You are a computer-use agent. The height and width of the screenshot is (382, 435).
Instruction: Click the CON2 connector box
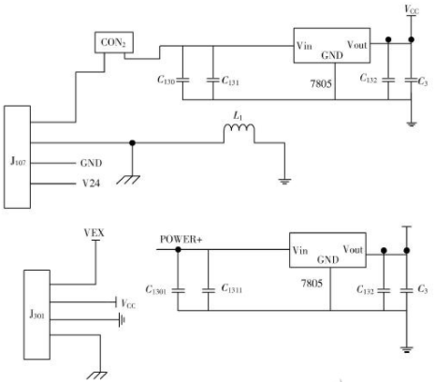click(x=114, y=42)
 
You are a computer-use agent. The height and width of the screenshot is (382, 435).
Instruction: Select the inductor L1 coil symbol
click(x=239, y=128)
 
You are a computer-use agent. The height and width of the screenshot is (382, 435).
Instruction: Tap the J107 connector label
click(x=18, y=161)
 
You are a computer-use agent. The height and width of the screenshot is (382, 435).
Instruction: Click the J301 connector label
click(x=36, y=314)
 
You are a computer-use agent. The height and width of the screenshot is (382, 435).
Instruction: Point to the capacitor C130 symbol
click(x=182, y=81)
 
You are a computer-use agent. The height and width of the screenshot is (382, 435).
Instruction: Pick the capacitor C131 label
click(x=230, y=81)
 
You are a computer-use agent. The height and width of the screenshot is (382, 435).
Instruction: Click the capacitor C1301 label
click(x=156, y=290)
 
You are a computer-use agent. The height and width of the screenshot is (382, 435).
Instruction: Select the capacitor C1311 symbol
click(x=209, y=290)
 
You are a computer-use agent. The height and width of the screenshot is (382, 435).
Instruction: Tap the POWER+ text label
click(x=181, y=240)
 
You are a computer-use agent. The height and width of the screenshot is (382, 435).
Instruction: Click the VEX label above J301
click(x=94, y=233)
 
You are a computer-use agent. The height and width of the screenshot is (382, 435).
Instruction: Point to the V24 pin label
click(x=91, y=184)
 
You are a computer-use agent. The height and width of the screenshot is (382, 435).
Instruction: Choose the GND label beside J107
click(x=91, y=163)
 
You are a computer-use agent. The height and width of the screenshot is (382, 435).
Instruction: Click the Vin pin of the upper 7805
click(x=304, y=46)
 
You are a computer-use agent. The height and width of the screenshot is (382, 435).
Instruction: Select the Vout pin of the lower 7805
click(x=353, y=249)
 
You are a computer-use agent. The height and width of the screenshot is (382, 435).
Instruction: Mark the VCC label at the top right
click(x=412, y=9)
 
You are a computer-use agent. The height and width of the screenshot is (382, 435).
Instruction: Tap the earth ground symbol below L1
click(x=284, y=182)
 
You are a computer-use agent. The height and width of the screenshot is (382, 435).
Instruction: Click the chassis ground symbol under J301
click(x=96, y=375)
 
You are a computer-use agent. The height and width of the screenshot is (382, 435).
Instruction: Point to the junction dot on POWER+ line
click(x=178, y=250)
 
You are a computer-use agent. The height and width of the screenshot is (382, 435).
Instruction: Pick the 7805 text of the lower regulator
click(x=312, y=284)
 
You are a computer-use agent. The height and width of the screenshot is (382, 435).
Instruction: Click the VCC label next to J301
click(x=128, y=303)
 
